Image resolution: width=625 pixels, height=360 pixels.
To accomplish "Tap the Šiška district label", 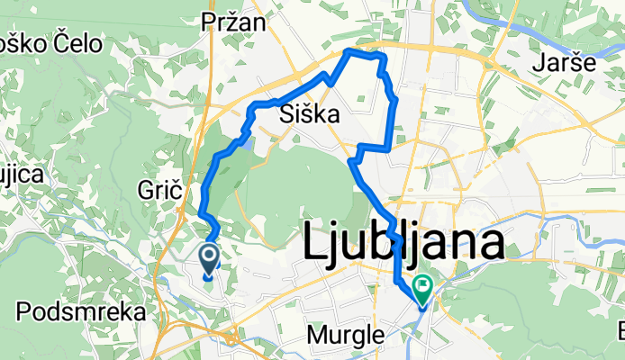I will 309,114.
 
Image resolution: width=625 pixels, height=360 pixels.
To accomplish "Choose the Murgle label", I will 347,334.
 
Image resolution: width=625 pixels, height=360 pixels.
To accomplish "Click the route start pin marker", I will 209,260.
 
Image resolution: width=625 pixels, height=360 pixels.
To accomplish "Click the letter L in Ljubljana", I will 314,243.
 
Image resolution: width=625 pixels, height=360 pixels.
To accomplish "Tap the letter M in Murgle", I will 316,334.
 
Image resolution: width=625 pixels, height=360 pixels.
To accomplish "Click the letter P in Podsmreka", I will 23,312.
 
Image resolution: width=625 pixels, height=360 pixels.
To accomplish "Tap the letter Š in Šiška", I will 288,113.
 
